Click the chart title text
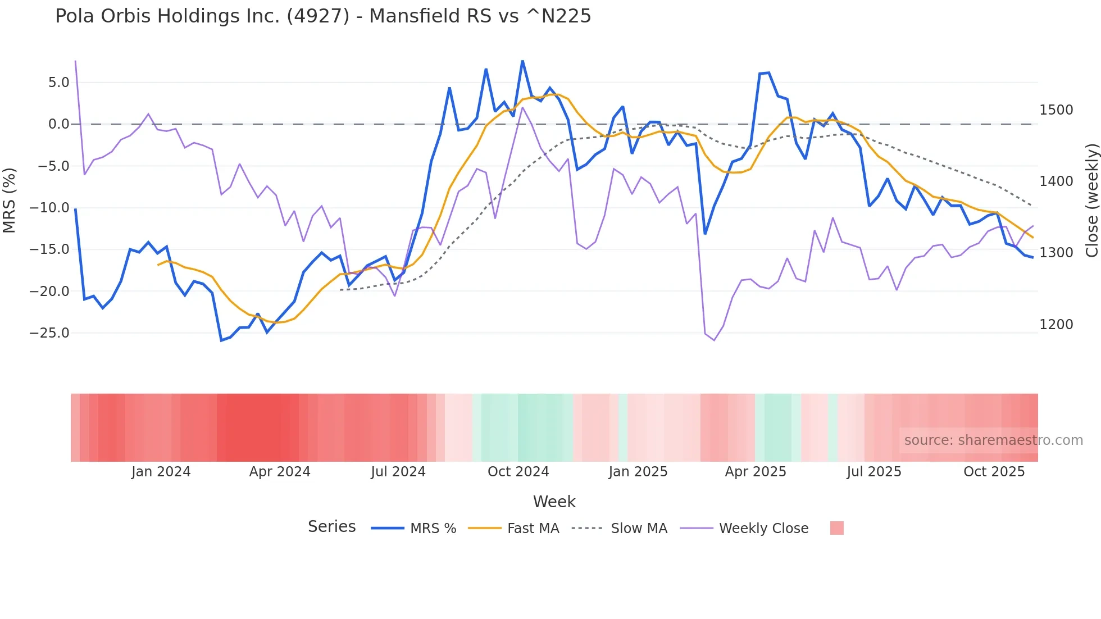pyautogui.click(x=323, y=16)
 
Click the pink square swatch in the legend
pyautogui.click(x=836, y=528)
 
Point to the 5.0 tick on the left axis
pyautogui.click(x=58, y=83)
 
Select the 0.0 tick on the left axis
pyautogui.click(x=58, y=124)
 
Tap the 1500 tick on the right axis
pyautogui.click(x=1056, y=110)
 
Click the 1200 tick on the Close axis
pyautogui.click(x=1056, y=325)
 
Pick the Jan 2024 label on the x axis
pyautogui.click(x=161, y=472)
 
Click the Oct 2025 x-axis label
pyautogui.click(x=994, y=472)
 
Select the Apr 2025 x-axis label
pyautogui.click(x=756, y=472)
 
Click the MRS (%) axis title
pyautogui.click(x=10, y=201)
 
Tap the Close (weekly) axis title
pyautogui.click(x=1091, y=201)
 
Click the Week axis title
pyautogui.click(x=554, y=502)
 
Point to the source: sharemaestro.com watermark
pyautogui.click(x=993, y=440)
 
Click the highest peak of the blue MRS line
pyautogui.click(x=522, y=61)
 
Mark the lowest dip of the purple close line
pyautogui.click(x=714, y=340)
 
